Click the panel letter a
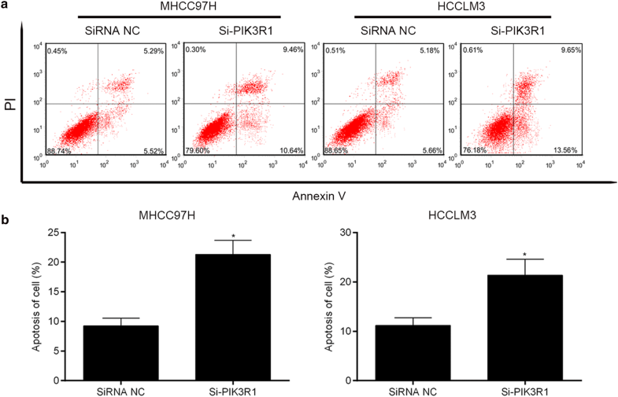[x=6, y=6]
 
